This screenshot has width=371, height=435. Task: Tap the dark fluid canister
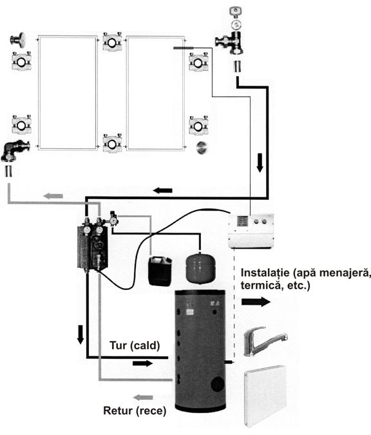click(x=160, y=271)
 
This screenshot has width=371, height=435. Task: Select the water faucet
click(x=265, y=341)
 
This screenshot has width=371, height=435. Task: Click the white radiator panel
click(x=265, y=396)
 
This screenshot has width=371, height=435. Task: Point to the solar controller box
click(x=251, y=231)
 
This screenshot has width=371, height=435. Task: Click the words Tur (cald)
click(x=135, y=345)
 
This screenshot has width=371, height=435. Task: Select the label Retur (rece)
click(x=135, y=411)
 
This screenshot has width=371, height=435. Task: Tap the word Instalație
click(x=265, y=273)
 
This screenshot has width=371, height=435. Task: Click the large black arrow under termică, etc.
click(x=256, y=302)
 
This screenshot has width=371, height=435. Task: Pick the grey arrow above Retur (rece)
click(x=143, y=398)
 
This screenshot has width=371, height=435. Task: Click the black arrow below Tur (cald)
click(x=142, y=363)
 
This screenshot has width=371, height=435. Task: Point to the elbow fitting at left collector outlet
click(x=15, y=150)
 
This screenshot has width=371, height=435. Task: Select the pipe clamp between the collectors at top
click(x=112, y=42)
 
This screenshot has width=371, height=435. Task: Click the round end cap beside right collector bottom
click(x=202, y=148)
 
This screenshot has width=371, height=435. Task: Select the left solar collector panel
click(x=68, y=93)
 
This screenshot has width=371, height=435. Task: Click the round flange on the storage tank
click(x=218, y=384)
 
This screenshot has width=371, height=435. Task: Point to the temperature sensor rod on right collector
click(x=184, y=48)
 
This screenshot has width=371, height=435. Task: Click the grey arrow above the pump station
click(x=53, y=196)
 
